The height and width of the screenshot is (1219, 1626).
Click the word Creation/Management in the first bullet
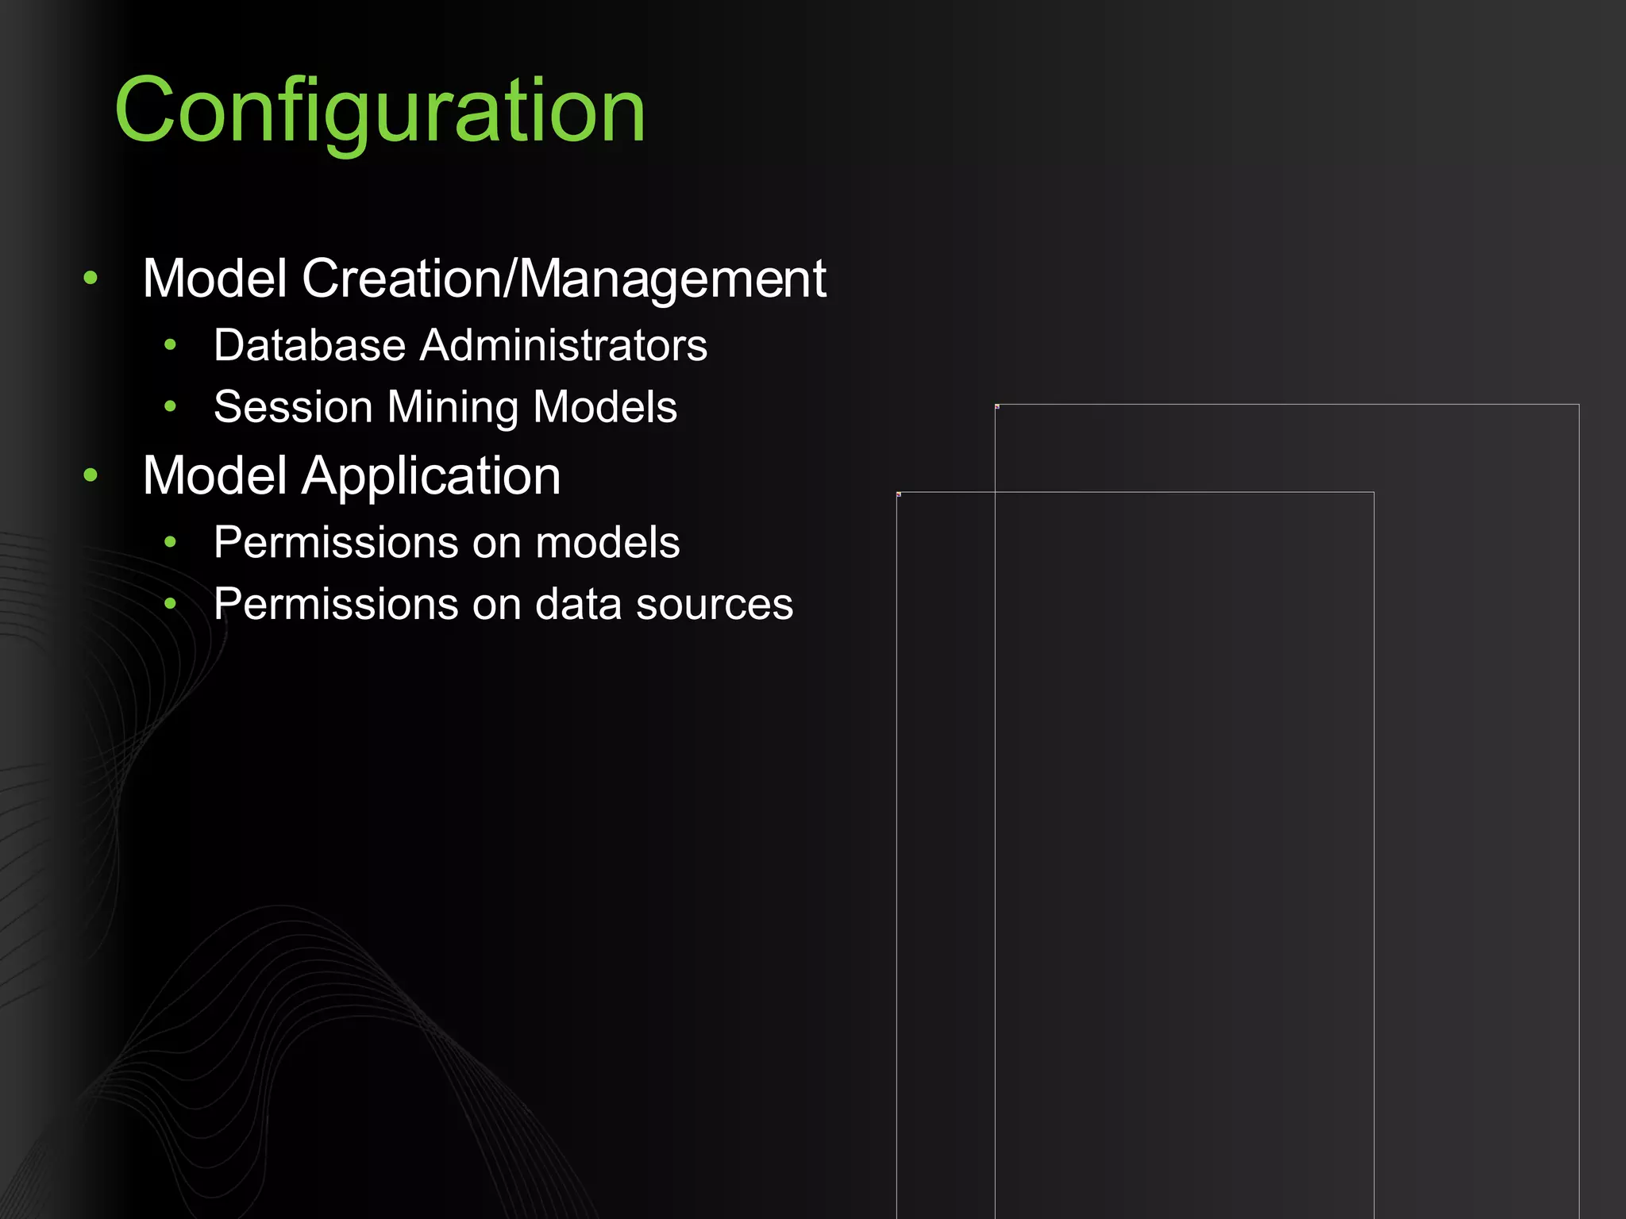564,279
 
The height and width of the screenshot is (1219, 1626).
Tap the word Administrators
564,345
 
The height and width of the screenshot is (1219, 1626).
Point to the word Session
293,407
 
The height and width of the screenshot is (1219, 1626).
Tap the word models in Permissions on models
607,543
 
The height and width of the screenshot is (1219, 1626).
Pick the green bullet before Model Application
91,475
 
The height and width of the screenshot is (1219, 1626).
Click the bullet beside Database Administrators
170,345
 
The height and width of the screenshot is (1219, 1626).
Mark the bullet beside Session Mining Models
170,407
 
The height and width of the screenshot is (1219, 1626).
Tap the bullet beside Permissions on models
170,543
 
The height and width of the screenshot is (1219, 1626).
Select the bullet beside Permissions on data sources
170,605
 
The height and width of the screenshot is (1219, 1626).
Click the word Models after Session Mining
605,407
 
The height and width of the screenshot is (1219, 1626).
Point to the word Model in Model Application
214,476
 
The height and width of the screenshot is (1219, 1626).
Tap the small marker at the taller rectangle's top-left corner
997,407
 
